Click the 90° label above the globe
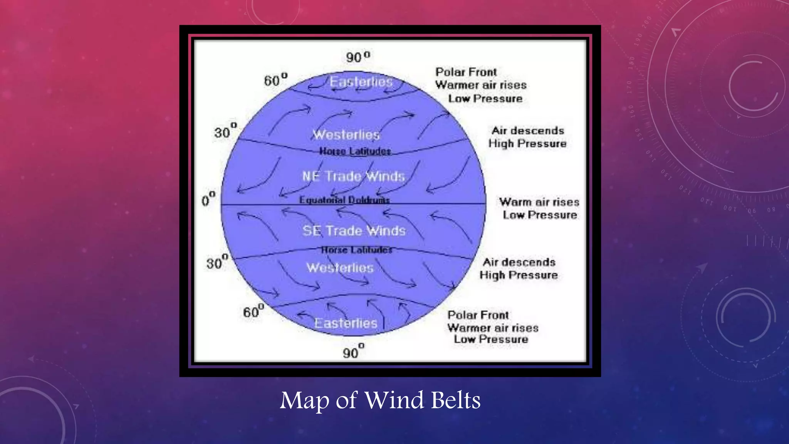[358, 57]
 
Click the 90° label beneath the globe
[353, 351]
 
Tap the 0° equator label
[208, 200]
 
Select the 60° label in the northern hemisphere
[275, 80]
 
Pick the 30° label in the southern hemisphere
[217, 262]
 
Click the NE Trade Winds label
[353, 177]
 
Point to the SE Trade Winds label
[354, 231]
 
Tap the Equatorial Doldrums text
[344, 200]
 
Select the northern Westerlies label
[346, 135]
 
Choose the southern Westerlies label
[340, 268]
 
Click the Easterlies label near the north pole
[361, 82]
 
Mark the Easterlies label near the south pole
[346, 323]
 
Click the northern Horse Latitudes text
[355, 151]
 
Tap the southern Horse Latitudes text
[356, 250]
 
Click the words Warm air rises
[539, 202]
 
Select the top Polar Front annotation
[466, 72]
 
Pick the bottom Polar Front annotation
[478, 315]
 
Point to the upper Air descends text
[527, 131]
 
